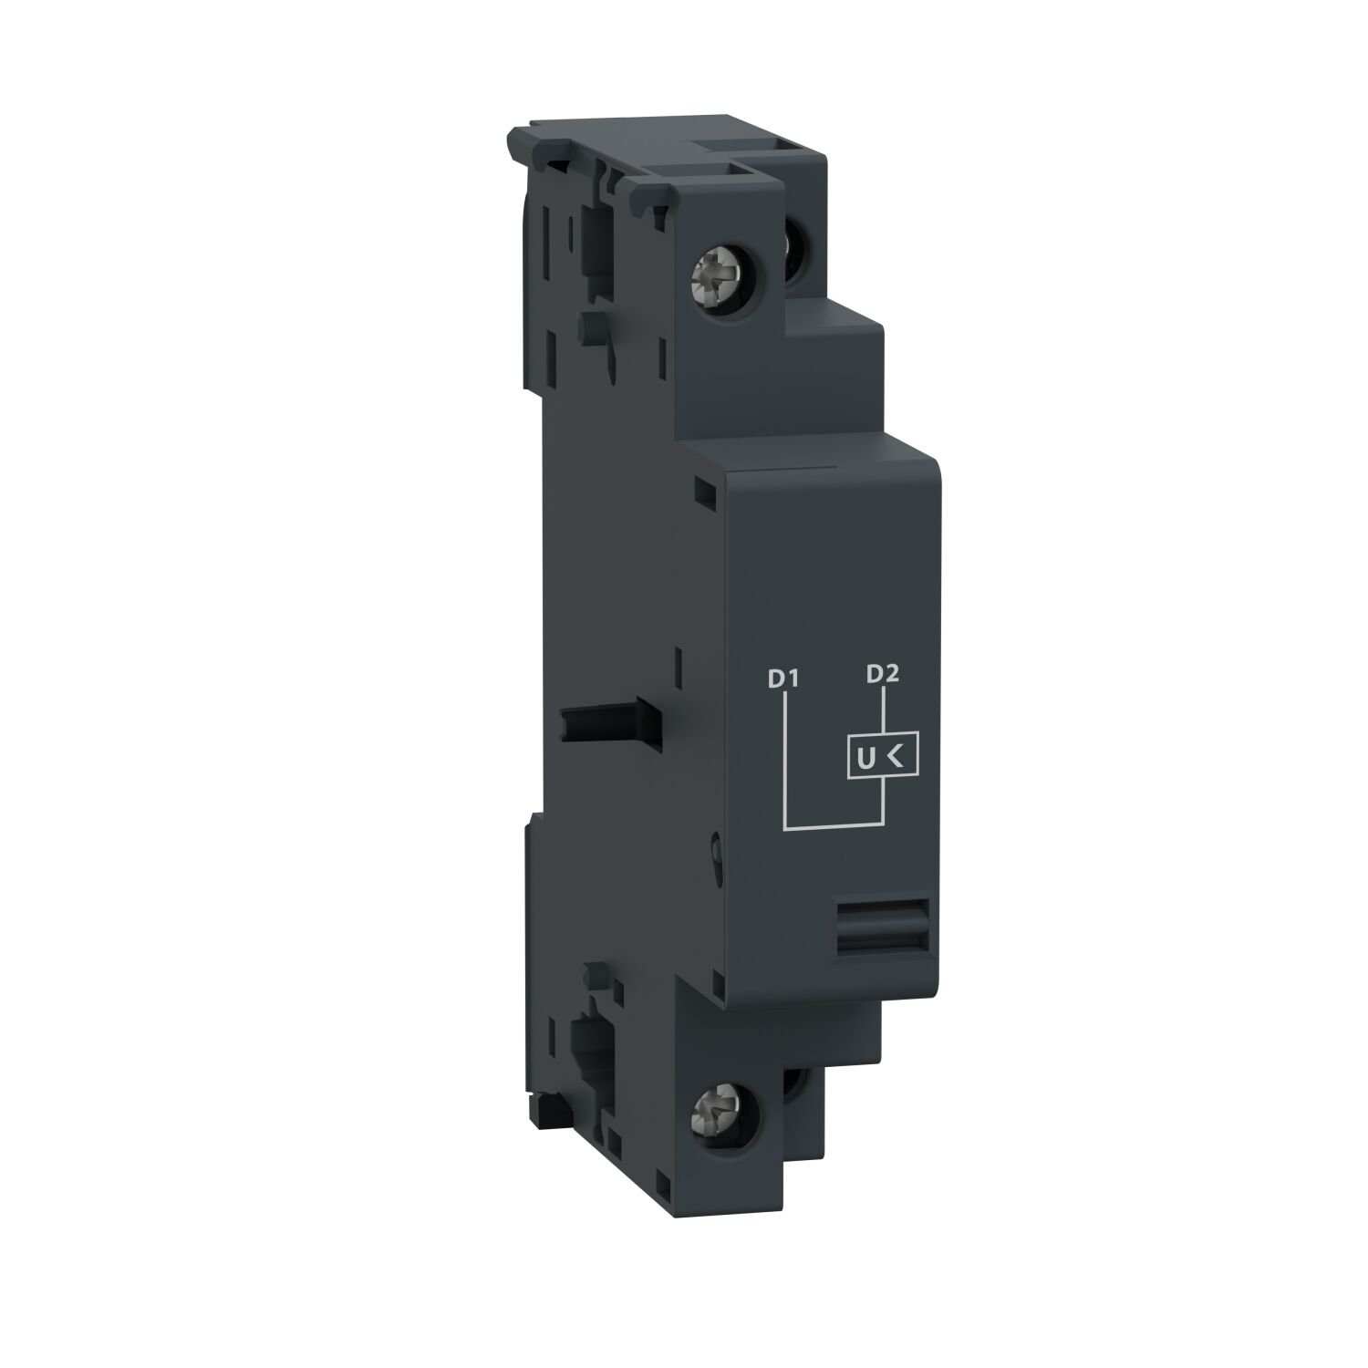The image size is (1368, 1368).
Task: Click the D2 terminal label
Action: click(883, 674)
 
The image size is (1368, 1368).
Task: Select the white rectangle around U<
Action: click(879, 756)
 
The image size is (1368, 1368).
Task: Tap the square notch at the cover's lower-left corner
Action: click(712, 983)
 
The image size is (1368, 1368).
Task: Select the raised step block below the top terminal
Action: click(830, 365)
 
